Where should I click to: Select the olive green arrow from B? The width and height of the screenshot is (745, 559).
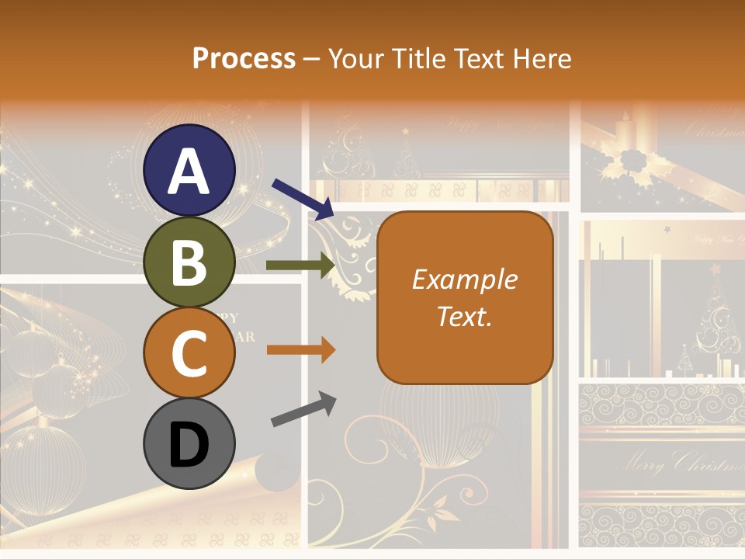300,265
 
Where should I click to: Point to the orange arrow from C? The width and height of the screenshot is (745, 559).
300,349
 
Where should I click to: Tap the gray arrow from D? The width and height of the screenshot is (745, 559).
304,409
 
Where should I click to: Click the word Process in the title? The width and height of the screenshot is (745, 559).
244,58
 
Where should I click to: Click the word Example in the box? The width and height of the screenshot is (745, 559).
464,279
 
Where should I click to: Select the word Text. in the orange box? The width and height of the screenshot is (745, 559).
464,316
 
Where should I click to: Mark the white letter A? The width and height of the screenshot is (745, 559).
189,171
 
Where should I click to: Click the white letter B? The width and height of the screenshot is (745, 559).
189,262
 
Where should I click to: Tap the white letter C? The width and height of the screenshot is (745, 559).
189,353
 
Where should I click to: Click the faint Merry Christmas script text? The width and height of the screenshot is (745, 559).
679,464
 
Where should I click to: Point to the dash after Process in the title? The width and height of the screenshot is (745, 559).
312,59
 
